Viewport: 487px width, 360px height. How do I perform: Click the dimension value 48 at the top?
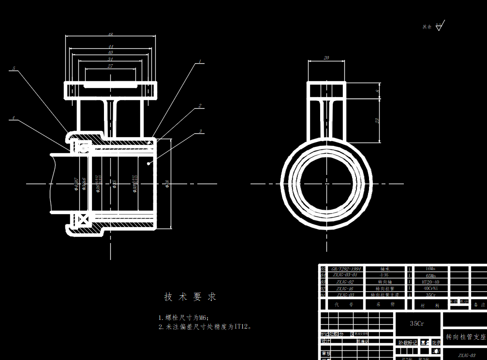(110, 35)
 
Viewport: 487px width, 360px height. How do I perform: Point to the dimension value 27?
(110, 66)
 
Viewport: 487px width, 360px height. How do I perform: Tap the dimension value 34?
(110, 59)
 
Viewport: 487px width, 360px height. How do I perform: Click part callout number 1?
(199, 62)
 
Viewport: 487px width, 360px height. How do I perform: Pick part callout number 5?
(14, 69)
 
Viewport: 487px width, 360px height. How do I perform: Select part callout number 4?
(14, 117)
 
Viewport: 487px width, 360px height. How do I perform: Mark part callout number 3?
(200, 130)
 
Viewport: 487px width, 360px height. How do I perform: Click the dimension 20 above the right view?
(326, 58)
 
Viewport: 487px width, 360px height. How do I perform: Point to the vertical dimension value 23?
(377, 121)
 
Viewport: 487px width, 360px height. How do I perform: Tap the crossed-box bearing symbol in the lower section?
(83, 220)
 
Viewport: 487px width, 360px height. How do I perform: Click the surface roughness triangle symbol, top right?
(439, 27)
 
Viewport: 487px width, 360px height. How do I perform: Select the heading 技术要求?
(190, 297)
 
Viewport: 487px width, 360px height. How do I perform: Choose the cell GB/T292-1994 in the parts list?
(345, 269)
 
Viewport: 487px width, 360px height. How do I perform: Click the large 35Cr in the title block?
(417, 323)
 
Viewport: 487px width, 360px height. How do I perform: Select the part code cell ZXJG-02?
(345, 282)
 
